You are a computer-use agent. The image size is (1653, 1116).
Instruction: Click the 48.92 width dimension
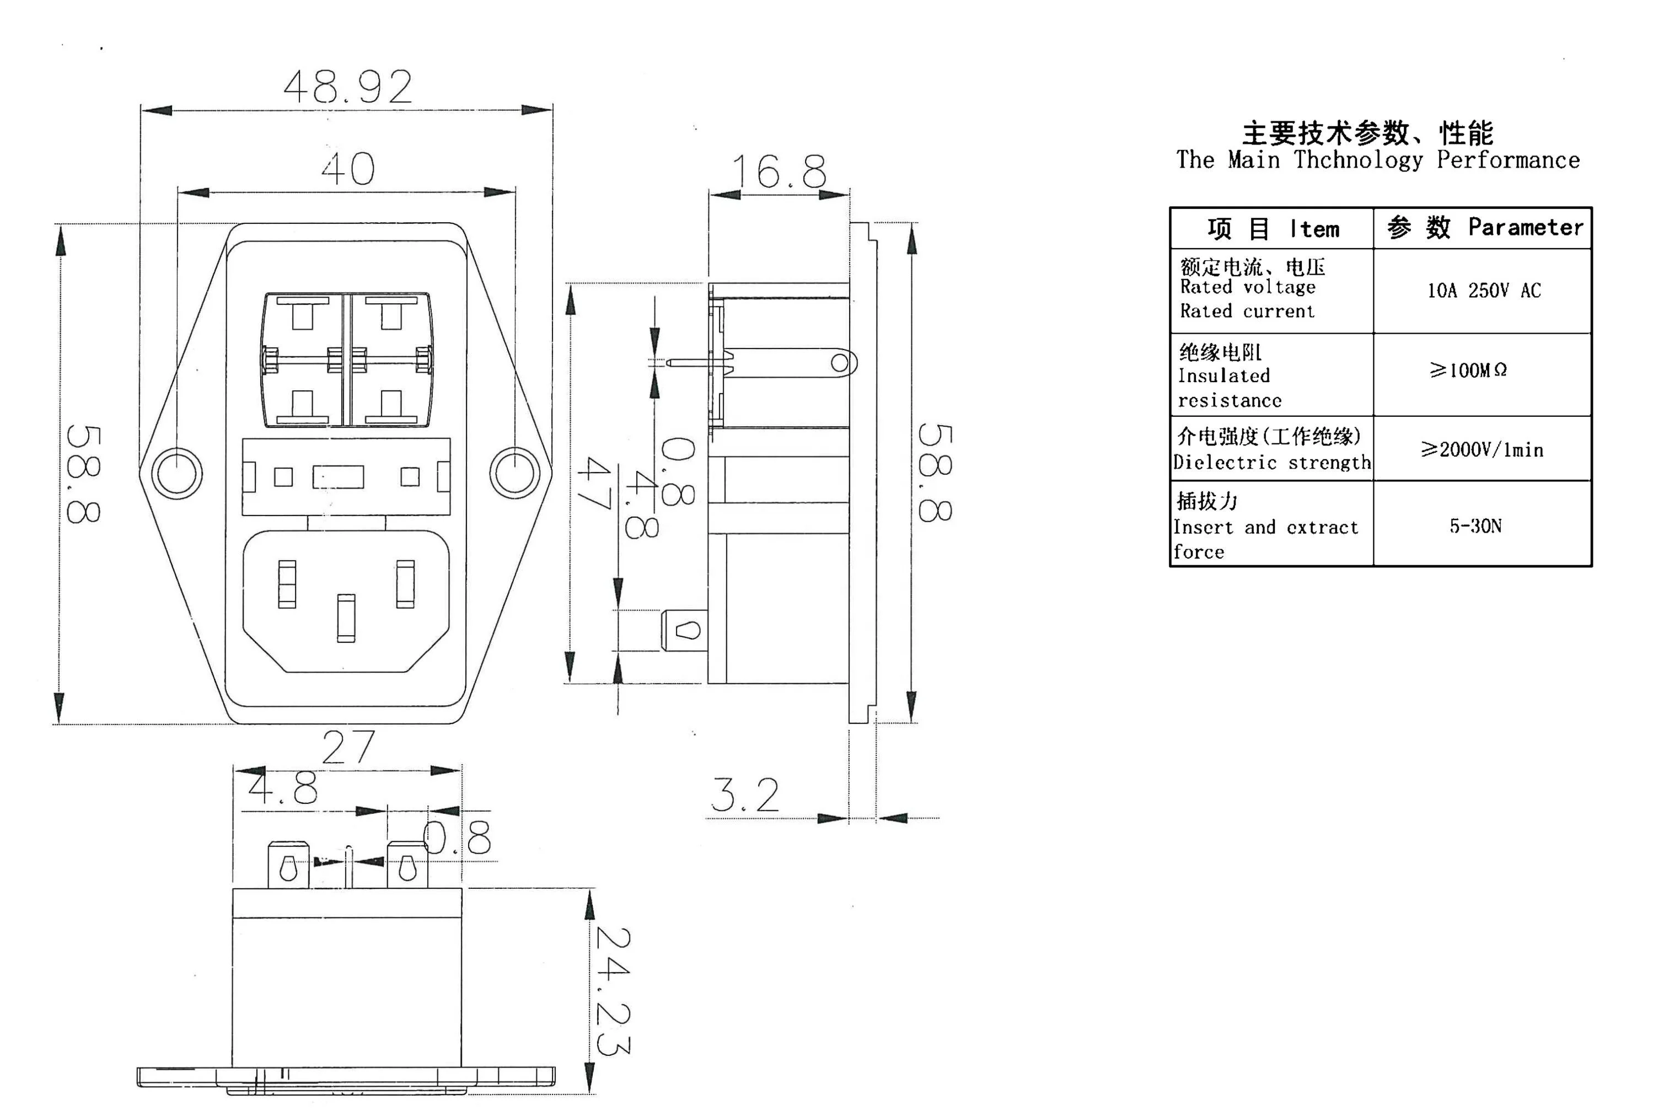click(x=348, y=87)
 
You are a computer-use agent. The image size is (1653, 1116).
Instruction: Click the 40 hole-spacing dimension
click(x=348, y=169)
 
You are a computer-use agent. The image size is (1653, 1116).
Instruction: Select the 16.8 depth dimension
click(x=780, y=171)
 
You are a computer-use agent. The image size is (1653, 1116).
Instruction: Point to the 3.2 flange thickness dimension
click(x=745, y=795)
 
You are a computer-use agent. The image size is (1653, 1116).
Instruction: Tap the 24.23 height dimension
click(x=613, y=991)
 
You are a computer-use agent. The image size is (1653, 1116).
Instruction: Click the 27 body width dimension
click(x=348, y=747)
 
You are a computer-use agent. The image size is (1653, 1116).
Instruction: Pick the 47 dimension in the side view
click(x=594, y=483)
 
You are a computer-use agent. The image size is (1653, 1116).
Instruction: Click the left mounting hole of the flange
click(x=176, y=474)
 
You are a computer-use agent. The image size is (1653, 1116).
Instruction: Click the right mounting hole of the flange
click(x=516, y=473)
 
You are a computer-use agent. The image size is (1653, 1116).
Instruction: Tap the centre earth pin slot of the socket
click(x=346, y=619)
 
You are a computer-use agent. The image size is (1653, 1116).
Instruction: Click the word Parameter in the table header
click(x=1526, y=227)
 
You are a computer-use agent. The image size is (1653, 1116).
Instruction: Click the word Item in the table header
click(x=1314, y=229)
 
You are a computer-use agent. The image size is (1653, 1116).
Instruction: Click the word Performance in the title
click(x=1508, y=160)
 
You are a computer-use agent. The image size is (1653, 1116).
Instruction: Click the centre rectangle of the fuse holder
click(x=339, y=476)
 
